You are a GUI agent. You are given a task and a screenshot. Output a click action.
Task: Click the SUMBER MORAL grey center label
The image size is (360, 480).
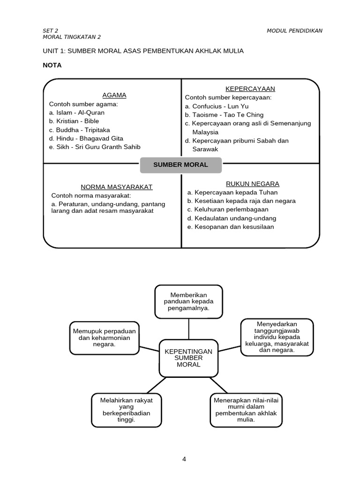181,165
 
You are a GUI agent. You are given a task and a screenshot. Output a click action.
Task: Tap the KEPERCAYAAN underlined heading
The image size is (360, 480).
250,89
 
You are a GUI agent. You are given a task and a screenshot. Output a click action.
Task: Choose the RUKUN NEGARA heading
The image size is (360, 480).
253,184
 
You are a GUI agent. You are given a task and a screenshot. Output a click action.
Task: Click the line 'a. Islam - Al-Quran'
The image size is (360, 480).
77,112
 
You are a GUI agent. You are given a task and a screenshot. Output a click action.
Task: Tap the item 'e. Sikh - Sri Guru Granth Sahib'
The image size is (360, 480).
95,147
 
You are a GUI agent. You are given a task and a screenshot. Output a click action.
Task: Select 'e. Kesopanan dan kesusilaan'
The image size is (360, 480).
230,227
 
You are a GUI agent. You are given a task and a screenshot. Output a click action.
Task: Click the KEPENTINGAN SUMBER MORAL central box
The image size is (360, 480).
188,358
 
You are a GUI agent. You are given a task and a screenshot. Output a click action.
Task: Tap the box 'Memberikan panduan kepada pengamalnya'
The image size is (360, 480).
188,301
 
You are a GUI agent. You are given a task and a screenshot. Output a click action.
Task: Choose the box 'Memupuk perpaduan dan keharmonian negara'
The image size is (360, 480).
104,337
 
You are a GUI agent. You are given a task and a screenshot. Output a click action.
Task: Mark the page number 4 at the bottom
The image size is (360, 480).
184,459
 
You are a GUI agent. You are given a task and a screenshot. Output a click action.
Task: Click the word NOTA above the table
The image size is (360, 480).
52,65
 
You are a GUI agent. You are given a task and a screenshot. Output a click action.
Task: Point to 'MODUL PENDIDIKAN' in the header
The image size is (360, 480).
294,31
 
